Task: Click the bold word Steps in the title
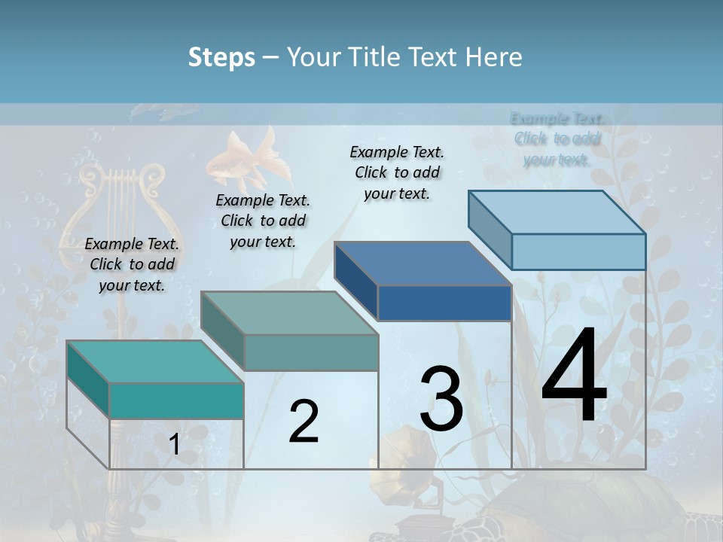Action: [221, 57]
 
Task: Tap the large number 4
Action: [574, 377]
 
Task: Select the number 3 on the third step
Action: [441, 399]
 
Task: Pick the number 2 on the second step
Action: [304, 422]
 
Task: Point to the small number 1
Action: [174, 445]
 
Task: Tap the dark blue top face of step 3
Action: [422, 263]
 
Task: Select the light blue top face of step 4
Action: [557, 212]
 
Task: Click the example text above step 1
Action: [132, 264]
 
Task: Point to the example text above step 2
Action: [263, 221]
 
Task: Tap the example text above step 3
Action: [397, 172]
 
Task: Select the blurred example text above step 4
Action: [557, 139]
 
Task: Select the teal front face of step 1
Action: [176, 400]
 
